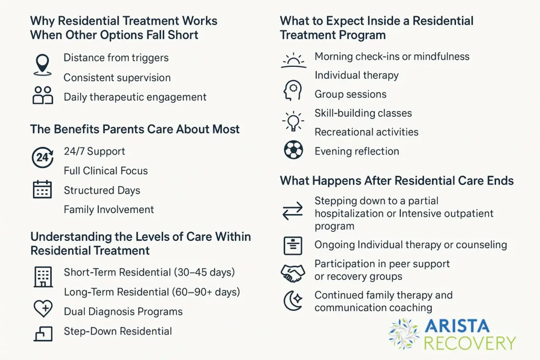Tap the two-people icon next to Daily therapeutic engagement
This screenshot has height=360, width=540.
pyautogui.click(x=43, y=95)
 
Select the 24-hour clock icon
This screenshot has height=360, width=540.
pyautogui.click(x=42, y=158)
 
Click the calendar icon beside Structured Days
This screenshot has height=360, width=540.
pyautogui.click(x=42, y=189)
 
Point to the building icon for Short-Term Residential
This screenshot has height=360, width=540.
pyautogui.click(x=43, y=276)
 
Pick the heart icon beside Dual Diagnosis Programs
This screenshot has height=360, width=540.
pyautogui.click(x=43, y=309)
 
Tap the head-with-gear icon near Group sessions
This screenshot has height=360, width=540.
pyautogui.click(x=293, y=90)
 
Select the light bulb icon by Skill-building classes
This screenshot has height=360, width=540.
pyautogui.click(x=293, y=121)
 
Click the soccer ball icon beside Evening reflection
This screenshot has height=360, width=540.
pyautogui.click(x=293, y=150)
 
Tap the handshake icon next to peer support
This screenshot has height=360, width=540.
pyautogui.click(x=293, y=273)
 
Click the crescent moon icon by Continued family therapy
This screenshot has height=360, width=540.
pyautogui.click(x=293, y=301)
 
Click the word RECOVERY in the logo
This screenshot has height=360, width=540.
pyautogui.click(x=469, y=343)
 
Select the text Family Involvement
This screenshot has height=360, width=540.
pyautogui.click(x=109, y=209)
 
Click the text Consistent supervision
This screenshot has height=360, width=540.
pyautogui.click(x=117, y=77)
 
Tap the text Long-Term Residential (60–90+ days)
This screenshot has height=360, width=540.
pyautogui.click(x=152, y=291)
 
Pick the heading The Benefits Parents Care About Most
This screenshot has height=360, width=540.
pyautogui.click(x=135, y=129)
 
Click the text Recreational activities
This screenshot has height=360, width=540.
pyautogui.click(x=367, y=132)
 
